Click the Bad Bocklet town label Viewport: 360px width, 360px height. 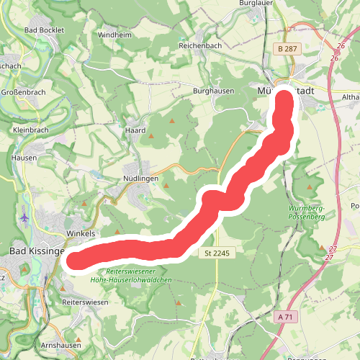44,30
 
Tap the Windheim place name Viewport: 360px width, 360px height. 114,35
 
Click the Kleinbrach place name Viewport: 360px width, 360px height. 30,131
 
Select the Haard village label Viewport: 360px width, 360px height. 135,131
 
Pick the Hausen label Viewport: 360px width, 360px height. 24,157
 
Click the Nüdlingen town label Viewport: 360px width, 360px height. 135,178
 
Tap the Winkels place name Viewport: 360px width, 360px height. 81,234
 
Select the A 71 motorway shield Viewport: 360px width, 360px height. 286,315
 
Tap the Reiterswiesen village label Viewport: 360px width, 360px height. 85,302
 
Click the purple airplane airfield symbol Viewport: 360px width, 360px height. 25,216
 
